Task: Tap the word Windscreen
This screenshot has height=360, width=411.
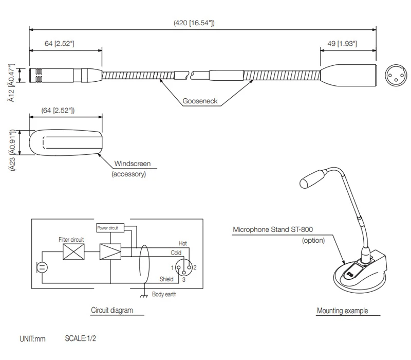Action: click(133, 164)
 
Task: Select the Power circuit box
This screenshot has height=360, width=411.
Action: click(107, 227)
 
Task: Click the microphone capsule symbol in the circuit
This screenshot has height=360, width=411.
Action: click(41, 268)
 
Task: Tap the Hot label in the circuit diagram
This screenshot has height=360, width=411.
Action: click(183, 243)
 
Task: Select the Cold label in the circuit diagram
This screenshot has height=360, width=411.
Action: click(176, 253)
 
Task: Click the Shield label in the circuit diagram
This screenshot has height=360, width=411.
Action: click(166, 279)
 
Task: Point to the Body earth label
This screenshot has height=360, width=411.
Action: click(165, 295)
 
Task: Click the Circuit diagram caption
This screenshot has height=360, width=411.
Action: click(111, 310)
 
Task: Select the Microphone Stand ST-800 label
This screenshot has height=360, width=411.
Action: click(273, 230)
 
